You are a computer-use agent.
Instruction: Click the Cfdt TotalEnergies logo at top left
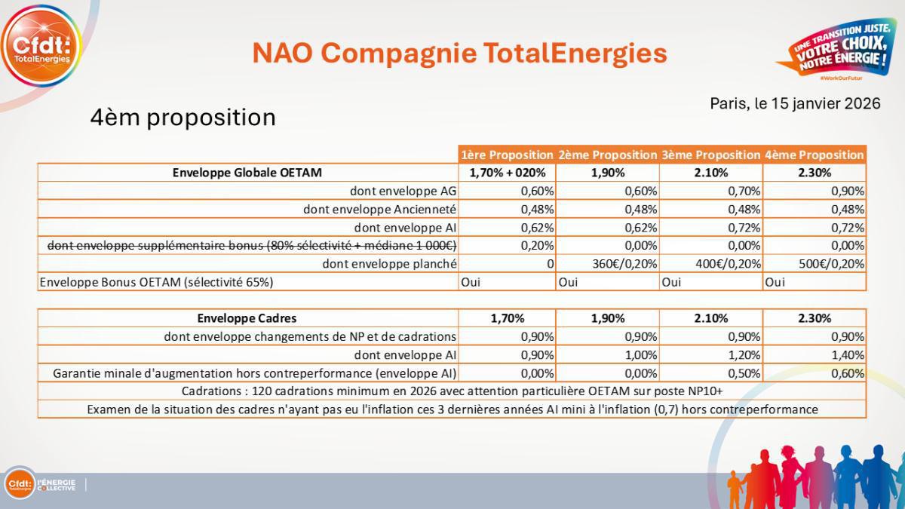[41, 46]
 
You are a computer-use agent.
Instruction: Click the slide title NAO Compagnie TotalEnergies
[459, 54]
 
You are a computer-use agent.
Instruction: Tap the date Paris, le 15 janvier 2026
[795, 104]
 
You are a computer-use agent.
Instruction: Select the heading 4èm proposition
[183, 118]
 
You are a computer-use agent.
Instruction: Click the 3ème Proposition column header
[710, 155]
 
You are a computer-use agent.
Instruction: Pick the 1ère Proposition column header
[507, 155]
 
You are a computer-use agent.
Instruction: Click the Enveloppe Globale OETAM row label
[247, 173]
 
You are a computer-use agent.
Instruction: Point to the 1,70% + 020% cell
[507, 173]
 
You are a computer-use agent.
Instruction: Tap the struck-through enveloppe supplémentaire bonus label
[252, 245]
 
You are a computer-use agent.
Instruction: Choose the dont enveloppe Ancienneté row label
[379, 209]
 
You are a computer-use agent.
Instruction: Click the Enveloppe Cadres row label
[247, 318]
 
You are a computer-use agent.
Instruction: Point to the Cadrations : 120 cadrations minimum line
[452, 391]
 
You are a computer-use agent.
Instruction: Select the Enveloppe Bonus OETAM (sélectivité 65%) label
[156, 282]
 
